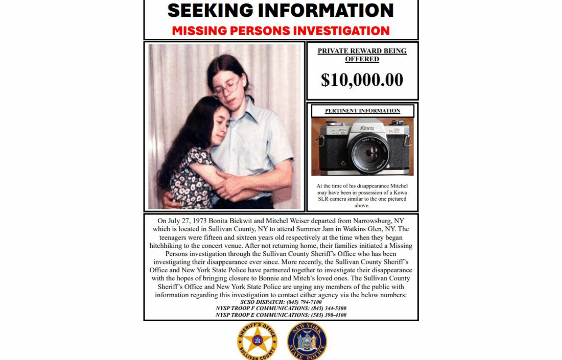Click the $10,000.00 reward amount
pyautogui.click(x=362, y=80)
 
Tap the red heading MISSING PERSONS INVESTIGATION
pyautogui.click(x=281, y=31)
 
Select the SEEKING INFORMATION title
pyautogui.click(x=281, y=10)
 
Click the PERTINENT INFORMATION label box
pyautogui.click(x=362, y=111)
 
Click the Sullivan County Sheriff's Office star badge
pyautogui.click(x=257, y=340)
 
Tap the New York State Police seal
pyautogui.click(x=307, y=340)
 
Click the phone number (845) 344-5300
pyautogui.click(x=329, y=308)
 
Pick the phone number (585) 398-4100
pyautogui.click(x=329, y=315)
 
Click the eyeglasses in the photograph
pyautogui.click(x=227, y=89)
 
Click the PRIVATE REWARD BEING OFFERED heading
pyautogui.click(x=362, y=55)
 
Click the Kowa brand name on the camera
pyautogui.click(x=367, y=127)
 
